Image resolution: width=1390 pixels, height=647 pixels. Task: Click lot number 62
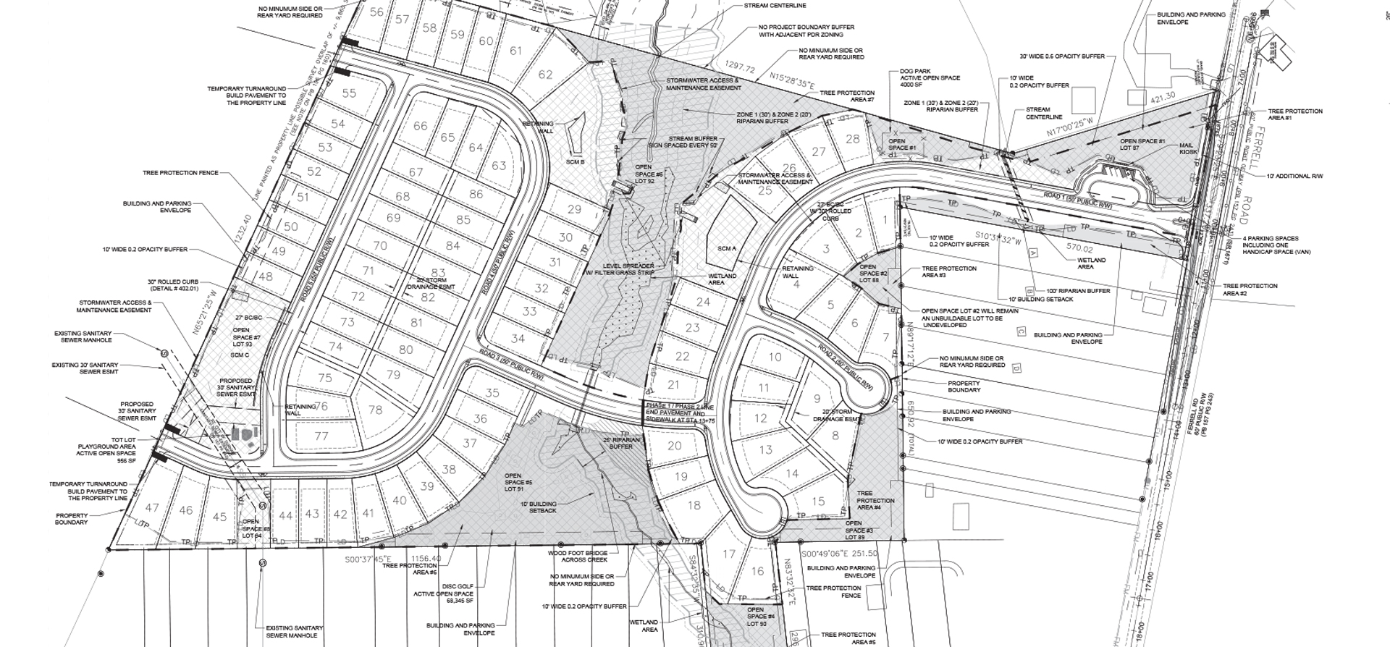coord(545,75)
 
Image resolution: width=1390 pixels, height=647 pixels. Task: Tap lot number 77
coord(321,436)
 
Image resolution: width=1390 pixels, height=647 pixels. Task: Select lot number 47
coord(152,507)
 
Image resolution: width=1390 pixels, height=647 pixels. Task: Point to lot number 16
coord(757,571)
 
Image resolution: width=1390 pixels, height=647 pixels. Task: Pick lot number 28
coord(852,139)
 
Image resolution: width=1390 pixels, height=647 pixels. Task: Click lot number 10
coord(775,356)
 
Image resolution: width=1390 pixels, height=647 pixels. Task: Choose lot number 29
coord(574,209)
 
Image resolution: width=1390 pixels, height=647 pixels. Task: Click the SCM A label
coord(726,248)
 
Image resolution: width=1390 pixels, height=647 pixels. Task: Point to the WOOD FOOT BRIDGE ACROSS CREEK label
coord(577,556)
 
